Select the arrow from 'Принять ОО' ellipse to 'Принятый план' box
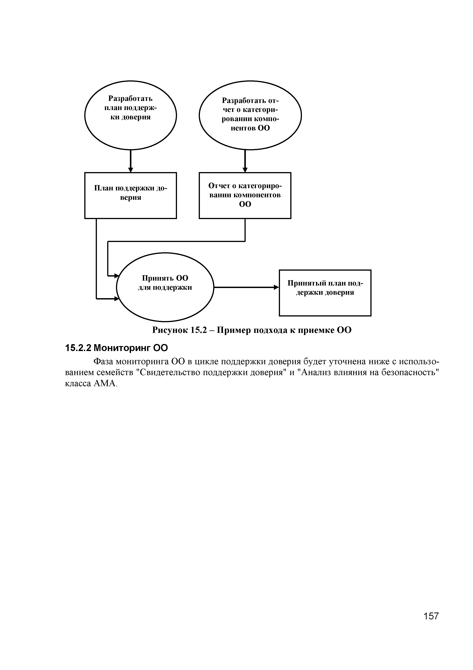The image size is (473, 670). (x=246, y=287)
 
